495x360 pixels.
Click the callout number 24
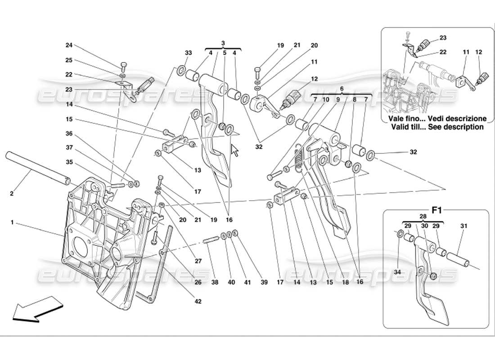[68, 45]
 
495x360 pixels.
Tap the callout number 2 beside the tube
[11, 194]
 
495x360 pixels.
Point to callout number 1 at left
[13, 222]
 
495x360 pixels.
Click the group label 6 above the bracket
[342, 89]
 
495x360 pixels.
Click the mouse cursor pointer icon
[234, 150]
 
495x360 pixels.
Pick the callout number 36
[68, 133]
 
